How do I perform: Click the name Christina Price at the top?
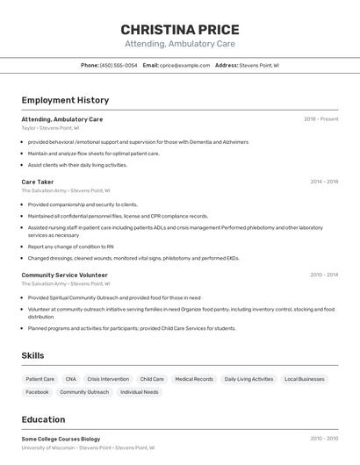(x=179, y=29)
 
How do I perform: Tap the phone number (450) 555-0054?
(x=119, y=65)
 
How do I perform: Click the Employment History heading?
(x=65, y=100)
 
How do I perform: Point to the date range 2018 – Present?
(x=320, y=119)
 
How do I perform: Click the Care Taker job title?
(x=38, y=182)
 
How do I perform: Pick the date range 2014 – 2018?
(x=323, y=182)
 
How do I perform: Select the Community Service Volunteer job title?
(x=64, y=275)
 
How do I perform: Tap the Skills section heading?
(x=33, y=355)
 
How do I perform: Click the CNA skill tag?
(x=70, y=379)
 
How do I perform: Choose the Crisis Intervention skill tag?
(x=108, y=379)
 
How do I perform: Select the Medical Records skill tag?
(x=194, y=379)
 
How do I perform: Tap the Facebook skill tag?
(x=37, y=392)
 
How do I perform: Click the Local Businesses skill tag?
(x=305, y=379)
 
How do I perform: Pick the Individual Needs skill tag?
(x=139, y=392)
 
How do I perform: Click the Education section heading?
(x=43, y=419)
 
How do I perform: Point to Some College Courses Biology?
(x=61, y=439)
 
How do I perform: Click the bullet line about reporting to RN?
(x=70, y=247)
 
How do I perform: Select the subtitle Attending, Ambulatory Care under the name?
(x=179, y=44)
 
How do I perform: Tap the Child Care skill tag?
(x=152, y=379)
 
